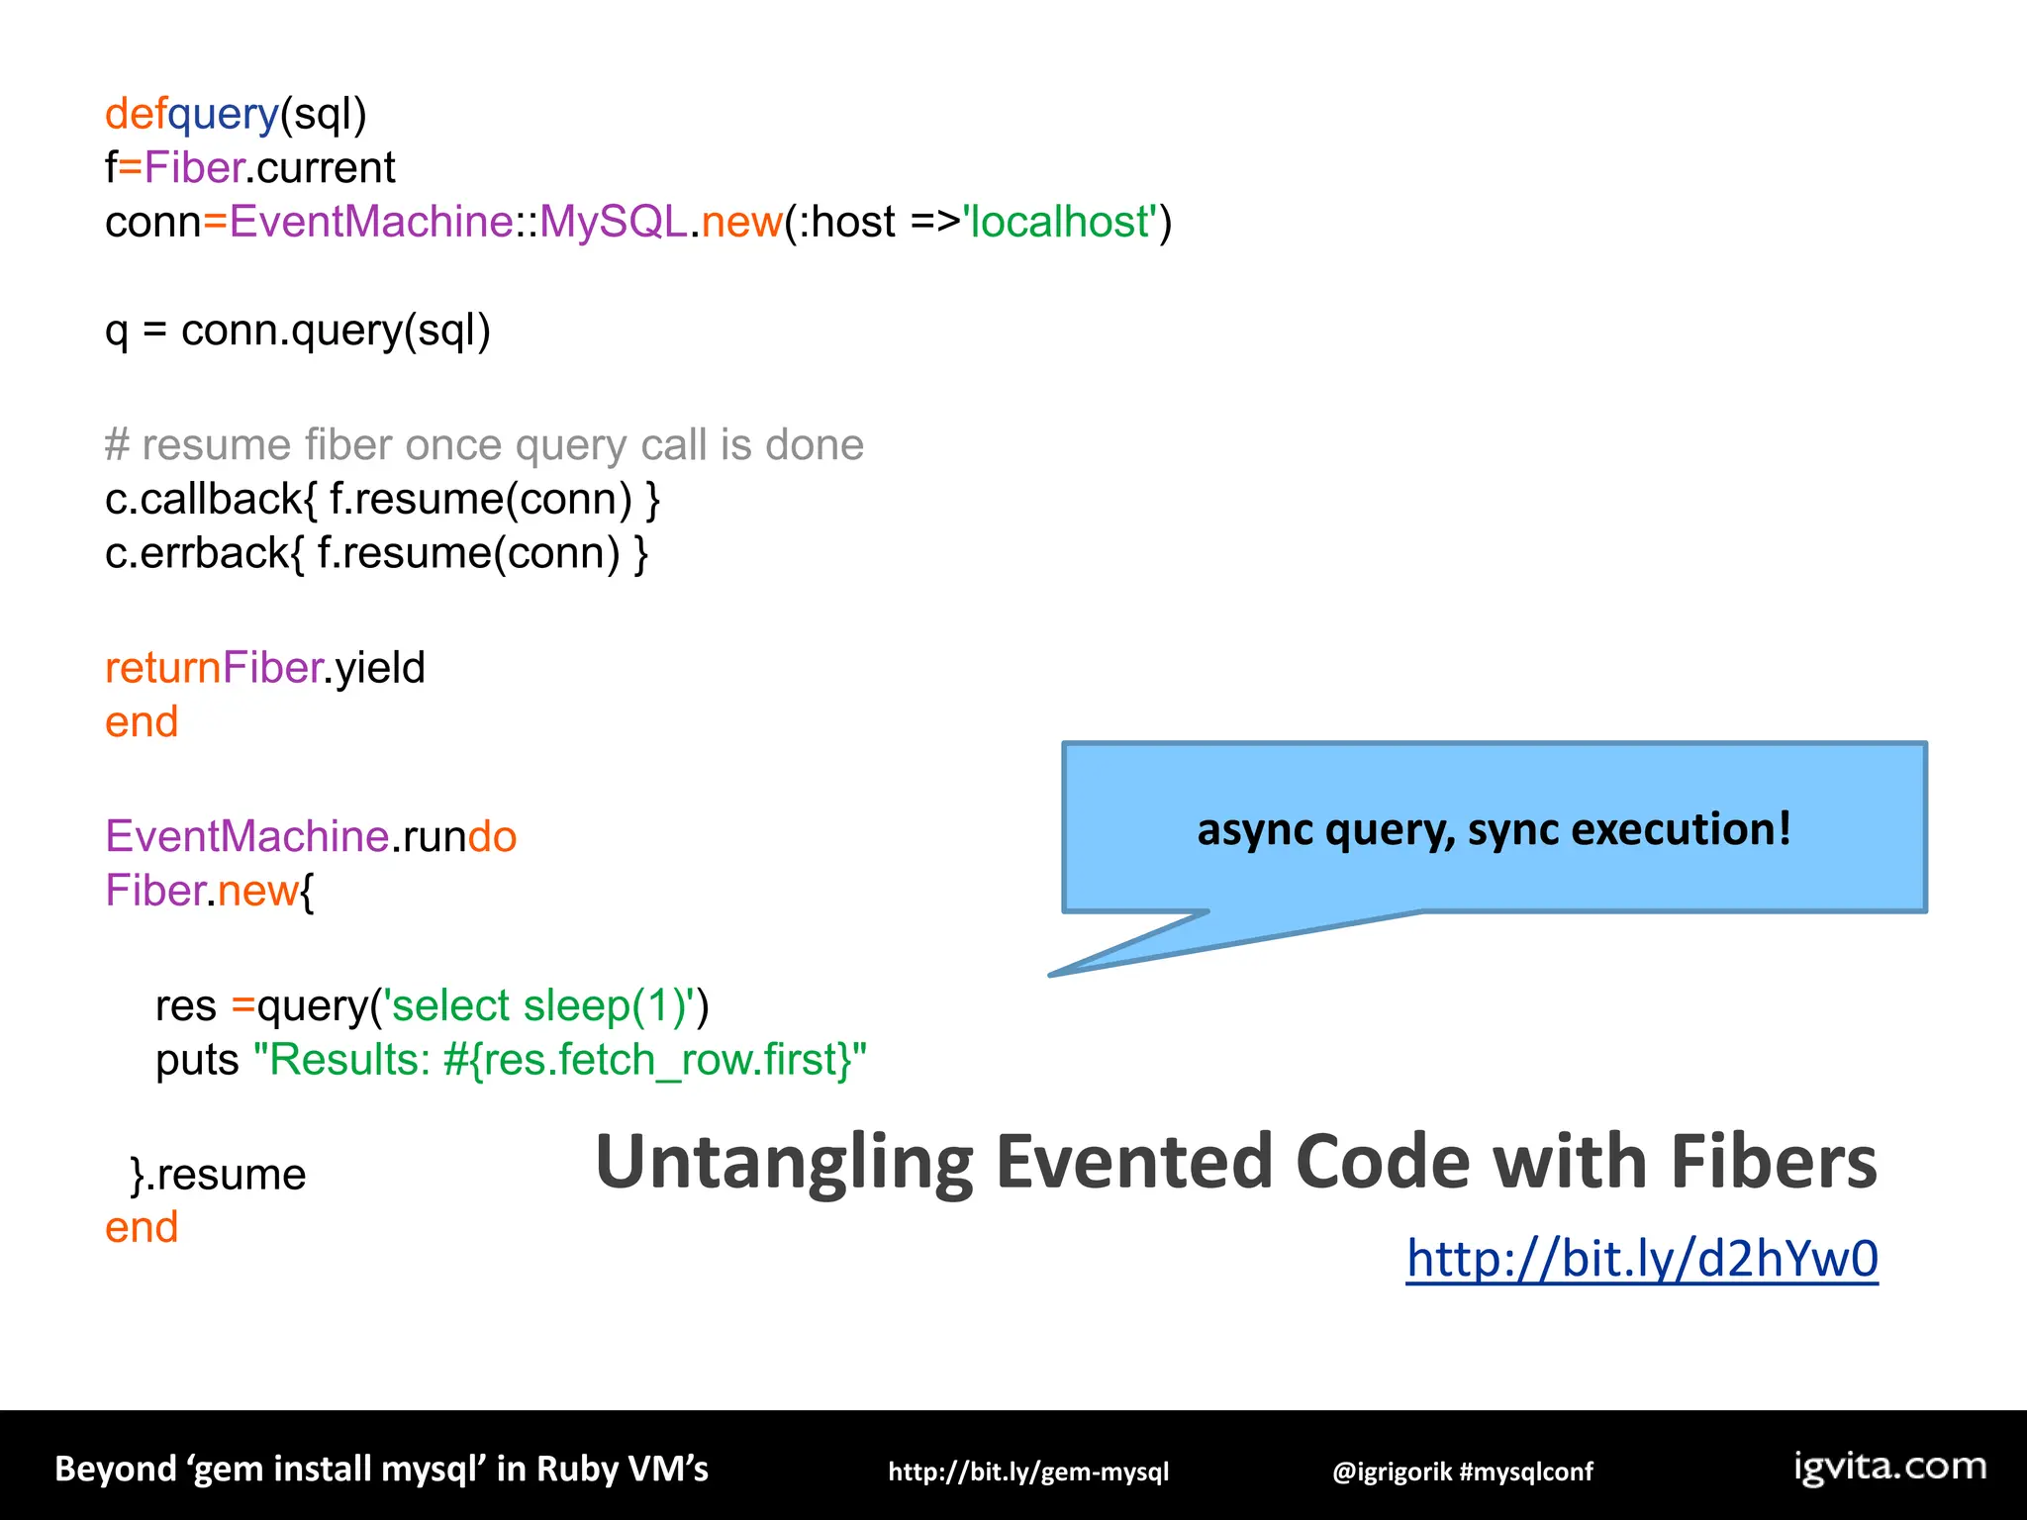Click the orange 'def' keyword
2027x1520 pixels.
point(136,114)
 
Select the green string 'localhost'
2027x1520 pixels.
point(1059,222)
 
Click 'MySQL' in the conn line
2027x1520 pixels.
point(613,222)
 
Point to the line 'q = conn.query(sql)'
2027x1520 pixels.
point(297,330)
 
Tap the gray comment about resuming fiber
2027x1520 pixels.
point(484,445)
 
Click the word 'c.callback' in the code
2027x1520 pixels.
point(203,499)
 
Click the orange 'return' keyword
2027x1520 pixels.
point(162,668)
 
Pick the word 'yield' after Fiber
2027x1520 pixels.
point(380,668)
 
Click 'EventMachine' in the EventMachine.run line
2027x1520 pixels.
point(246,837)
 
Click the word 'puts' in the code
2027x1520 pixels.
point(197,1060)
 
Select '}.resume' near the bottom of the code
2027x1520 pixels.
point(218,1175)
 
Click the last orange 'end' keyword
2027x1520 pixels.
point(142,1228)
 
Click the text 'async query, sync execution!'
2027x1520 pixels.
point(1494,828)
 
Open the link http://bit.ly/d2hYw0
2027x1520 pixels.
point(1642,1259)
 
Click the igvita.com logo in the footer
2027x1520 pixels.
point(1889,1467)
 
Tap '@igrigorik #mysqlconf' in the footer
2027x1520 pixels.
point(1462,1472)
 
